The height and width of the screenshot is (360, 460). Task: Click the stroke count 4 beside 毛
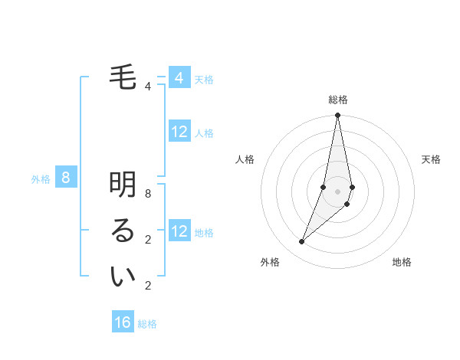(x=147, y=87)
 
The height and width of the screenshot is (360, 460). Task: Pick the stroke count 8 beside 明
(x=147, y=194)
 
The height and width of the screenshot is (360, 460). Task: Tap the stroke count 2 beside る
(x=147, y=240)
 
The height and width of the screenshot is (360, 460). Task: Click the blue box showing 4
(x=179, y=77)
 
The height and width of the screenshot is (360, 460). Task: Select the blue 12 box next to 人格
(x=179, y=132)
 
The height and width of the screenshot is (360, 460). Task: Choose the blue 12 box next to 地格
(x=179, y=231)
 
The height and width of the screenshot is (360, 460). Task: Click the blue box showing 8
(x=66, y=178)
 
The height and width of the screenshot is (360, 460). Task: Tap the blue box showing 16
(x=123, y=322)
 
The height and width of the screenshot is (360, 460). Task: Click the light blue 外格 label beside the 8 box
(x=41, y=179)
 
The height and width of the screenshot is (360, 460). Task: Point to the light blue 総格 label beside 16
(x=147, y=324)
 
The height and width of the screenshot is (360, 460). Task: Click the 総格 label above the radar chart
(x=337, y=100)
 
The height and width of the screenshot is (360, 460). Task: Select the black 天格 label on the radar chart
(x=431, y=159)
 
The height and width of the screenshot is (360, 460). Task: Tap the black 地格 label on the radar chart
(x=402, y=262)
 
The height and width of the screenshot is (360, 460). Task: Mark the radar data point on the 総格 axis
(x=337, y=116)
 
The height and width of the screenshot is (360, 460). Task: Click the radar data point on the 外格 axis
(x=302, y=242)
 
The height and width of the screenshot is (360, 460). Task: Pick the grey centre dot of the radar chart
(x=337, y=191)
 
